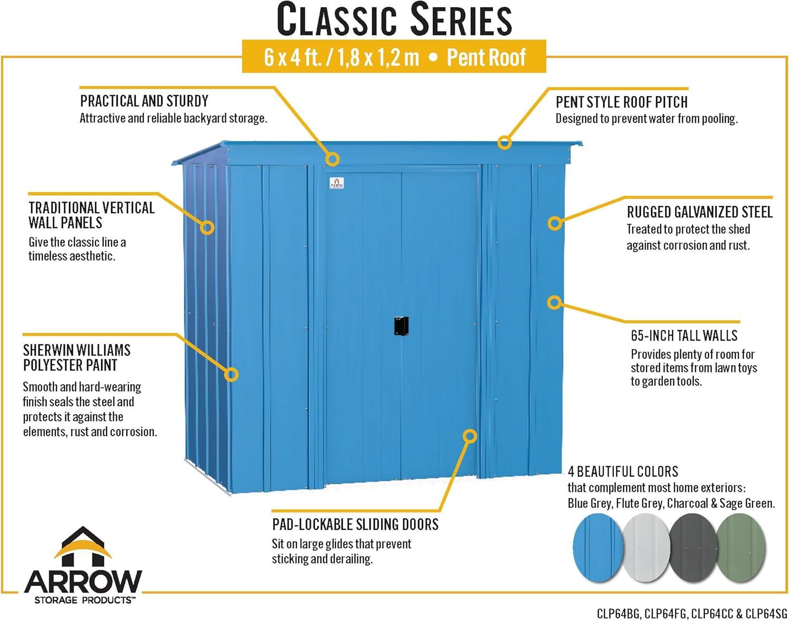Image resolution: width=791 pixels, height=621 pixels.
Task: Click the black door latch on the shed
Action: click(x=401, y=326)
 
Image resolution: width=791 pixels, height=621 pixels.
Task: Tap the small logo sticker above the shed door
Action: click(x=337, y=183)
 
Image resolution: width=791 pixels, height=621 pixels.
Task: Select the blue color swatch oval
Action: click(x=597, y=548)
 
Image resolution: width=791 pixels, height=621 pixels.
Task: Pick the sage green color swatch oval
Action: click(x=741, y=548)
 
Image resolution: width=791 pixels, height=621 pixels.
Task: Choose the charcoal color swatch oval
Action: click(x=693, y=548)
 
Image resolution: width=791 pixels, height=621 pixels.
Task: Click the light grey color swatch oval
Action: click(x=646, y=548)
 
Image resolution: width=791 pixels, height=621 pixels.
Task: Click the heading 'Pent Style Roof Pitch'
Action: click(x=621, y=102)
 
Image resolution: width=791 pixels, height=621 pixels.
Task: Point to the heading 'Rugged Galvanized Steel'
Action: click(x=699, y=212)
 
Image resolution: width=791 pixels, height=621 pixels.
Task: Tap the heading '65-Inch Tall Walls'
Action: click(x=684, y=336)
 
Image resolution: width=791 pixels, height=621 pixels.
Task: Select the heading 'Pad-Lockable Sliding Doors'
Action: click(x=355, y=524)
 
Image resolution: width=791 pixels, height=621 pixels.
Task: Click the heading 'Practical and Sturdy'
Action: click(x=144, y=101)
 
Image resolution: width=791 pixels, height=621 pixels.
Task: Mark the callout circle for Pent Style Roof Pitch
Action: click(x=504, y=142)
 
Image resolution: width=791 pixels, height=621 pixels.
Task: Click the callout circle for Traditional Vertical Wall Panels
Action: click(x=207, y=227)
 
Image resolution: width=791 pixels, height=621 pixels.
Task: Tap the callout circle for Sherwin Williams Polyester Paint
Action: click(x=231, y=375)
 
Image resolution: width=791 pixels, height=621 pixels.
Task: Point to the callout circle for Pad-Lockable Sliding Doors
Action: click(x=469, y=436)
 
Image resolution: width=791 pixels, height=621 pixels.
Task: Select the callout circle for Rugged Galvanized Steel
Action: click(x=555, y=223)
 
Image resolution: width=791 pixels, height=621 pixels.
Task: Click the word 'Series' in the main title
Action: click(x=461, y=20)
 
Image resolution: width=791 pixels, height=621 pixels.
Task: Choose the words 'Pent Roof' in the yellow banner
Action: click(x=486, y=58)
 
